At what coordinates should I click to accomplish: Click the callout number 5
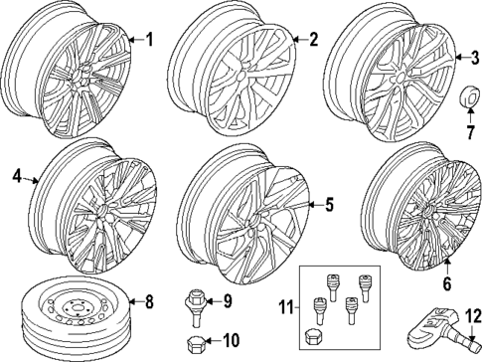330,206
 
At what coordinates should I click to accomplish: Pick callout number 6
446,284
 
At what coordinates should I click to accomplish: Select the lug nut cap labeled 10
193,341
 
